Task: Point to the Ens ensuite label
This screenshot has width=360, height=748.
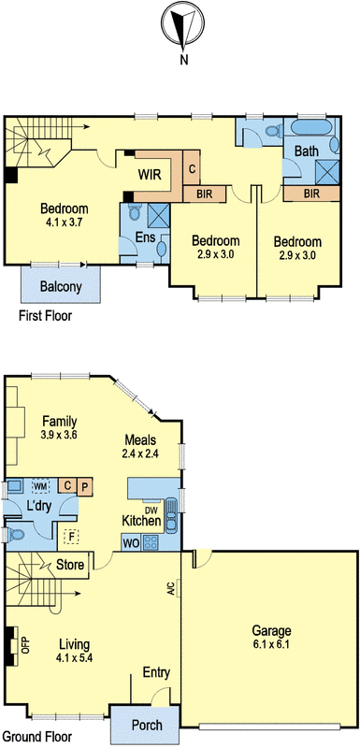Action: pos(145,237)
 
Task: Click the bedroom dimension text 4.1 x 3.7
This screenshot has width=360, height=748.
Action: pos(64,223)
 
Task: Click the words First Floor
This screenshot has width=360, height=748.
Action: pos(45,316)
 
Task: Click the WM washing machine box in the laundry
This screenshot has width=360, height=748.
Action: pos(40,486)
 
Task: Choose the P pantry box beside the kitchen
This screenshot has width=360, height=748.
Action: pos(83,486)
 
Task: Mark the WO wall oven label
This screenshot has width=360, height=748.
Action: pos(130,541)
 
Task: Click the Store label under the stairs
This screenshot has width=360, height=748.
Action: pos(70,565)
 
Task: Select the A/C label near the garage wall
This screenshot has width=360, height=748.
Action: pos(171,589)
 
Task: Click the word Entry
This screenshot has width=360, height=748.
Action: pos(155,673)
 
